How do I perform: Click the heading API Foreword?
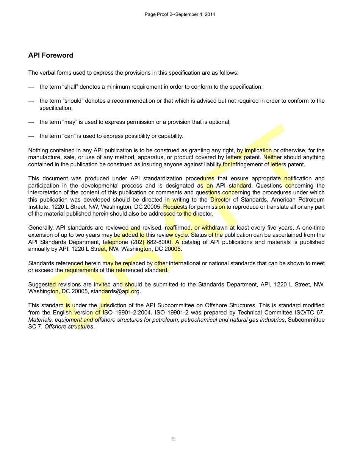click(51, 55)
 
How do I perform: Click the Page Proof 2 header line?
click(180, 14)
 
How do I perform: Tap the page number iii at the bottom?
click(173, 439)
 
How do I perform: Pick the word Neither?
click(272, 157)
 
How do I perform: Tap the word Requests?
click(175, 207)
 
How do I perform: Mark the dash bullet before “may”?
click(31, 122)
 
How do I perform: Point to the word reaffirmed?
click(178, 228)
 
